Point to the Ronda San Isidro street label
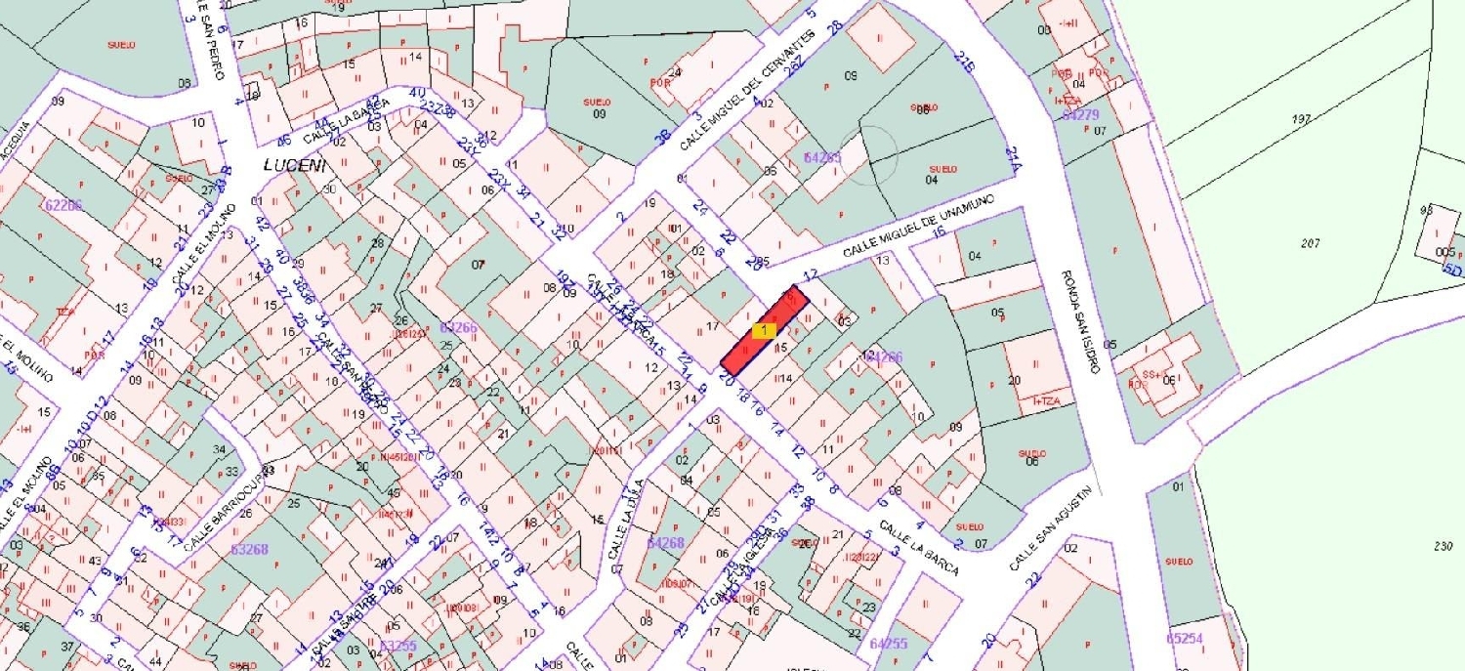(x=1081, y=321)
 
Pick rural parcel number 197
(x=1300, y=119)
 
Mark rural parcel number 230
(x=1444, y=546)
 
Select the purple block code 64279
(x=1081, y=115)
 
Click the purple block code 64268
(x=666, y=542)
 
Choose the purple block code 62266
(x=64, y=205)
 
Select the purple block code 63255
(x=398, y=646)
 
